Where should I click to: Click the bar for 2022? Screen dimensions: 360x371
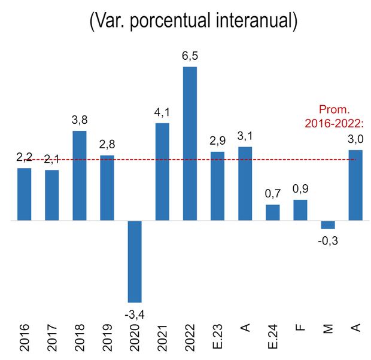coord(190,144)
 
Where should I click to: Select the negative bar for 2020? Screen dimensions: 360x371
coord(135,261)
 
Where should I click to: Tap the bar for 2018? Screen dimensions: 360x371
coord(79,176)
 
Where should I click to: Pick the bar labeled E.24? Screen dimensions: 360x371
coord(273,213)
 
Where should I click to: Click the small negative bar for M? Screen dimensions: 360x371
coord(328,225)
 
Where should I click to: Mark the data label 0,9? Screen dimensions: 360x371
coord(300,190)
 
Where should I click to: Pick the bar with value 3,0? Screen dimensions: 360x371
coord(355,185)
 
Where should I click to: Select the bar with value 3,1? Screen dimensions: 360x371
coord(245,184)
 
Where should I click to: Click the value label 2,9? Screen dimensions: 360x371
coord(218,142)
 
